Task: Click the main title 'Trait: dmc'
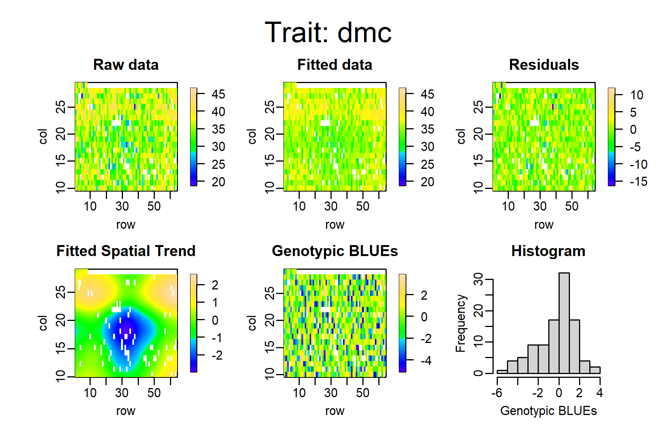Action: pos(328,33)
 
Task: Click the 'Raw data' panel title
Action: pos(126,65)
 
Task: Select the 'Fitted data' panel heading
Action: pos(335,65)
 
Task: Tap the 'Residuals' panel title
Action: pos(544,65)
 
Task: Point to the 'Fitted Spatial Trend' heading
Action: pos(126,251)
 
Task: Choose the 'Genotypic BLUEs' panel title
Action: pos(335,251)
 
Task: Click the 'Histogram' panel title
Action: pos(548,251)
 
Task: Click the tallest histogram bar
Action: pos(564,323)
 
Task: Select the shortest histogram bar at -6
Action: pos(502,372)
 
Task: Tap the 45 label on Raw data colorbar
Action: pos(218,94)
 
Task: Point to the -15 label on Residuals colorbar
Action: pos(639,182)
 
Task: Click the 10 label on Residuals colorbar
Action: pos(637,95)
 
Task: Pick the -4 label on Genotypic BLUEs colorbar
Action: pos(426,360)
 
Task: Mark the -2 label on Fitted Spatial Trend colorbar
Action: pos(217,355)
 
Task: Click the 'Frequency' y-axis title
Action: pos(460,324)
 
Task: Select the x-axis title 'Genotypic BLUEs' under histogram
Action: pos(548,411)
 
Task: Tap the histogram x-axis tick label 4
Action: pos(600,393)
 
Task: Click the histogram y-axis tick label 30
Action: pos(479,279)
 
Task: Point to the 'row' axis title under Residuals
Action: pos(544,225)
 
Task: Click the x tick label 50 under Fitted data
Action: pos(363,206)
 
